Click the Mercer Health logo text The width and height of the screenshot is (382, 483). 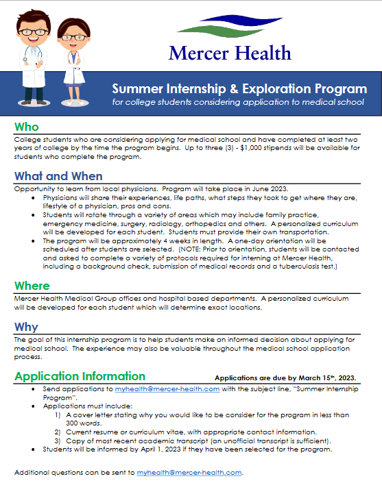tap(229, 53)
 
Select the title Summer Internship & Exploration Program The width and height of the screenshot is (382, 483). tap(239, 89)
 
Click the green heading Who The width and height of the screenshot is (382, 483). tap(27, 127)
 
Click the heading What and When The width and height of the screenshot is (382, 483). tap(58, 176)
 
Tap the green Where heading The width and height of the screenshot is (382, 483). tap(32, 285)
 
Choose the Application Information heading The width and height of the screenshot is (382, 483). tap(80, 376)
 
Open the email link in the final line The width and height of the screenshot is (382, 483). tap(189, 473)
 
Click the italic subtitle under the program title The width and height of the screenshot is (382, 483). tap(238, 102)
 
